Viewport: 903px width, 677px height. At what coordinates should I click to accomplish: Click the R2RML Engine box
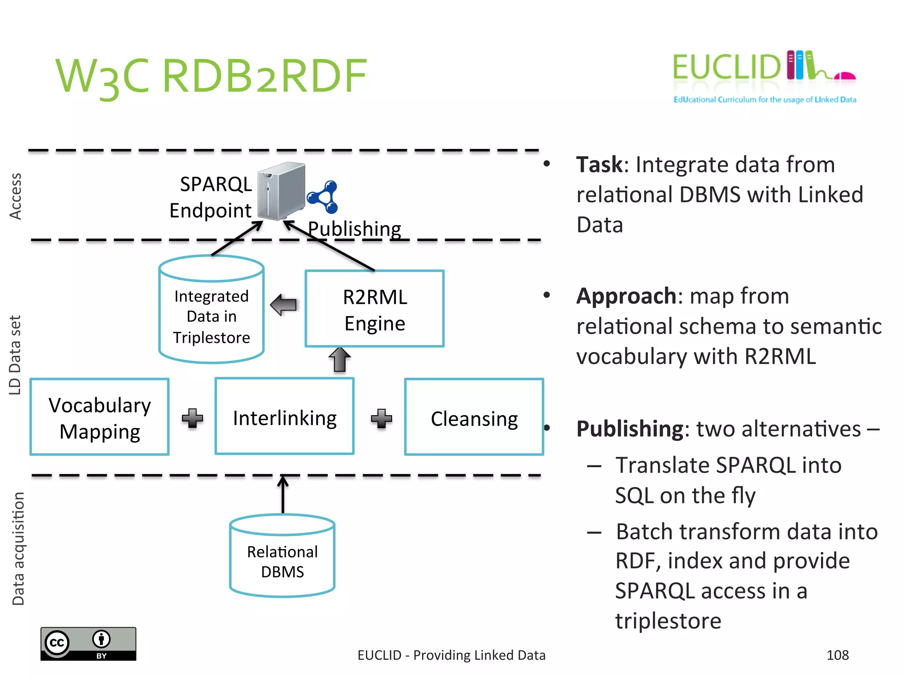[374, 309]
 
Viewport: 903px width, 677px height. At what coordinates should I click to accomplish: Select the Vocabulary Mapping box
[100, 417]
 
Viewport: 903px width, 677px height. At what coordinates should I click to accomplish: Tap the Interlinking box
[284, 417]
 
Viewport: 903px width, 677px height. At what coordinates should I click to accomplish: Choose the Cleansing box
[474, 417]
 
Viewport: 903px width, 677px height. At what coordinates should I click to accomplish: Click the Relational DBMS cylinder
[282, 558]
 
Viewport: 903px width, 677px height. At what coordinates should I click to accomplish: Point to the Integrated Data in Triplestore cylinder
[211, 313]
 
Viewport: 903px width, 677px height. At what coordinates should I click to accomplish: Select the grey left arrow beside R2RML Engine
[284, 305]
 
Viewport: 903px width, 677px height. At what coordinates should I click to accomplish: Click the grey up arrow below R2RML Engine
[340, 360]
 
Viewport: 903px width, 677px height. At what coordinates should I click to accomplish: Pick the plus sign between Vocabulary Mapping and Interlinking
[192, 418]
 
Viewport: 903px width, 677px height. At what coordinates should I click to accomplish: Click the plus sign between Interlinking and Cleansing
[381, 418]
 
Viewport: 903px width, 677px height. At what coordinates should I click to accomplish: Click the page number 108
[837, 655]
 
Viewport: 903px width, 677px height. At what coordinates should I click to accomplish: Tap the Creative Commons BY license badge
[88, 644]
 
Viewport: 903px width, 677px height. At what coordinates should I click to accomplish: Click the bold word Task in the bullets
[599, 165]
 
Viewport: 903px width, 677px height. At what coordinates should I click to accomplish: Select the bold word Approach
[626, 296]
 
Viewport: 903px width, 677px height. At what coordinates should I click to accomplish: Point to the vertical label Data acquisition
[18, 549]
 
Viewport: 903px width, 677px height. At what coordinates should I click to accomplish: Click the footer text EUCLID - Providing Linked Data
[451, 655]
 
